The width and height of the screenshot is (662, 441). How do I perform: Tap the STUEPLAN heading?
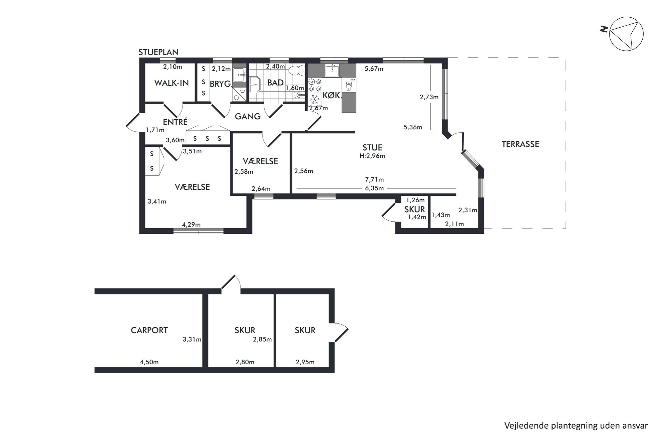[x=158, y=52]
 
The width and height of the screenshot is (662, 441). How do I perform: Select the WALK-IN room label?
[x=172, y=83]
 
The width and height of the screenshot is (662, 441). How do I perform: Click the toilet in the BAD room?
[x=296, y=70]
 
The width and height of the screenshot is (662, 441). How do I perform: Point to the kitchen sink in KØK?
[x=332, y=70]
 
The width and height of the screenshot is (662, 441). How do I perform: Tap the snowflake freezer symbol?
[x=314, y=99]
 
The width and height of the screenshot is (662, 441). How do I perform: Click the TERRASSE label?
[x=520, y=144]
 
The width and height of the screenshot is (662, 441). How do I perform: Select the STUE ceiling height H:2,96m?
[x=372, y=156]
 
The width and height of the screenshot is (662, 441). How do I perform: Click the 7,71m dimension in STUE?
[x=374, y=180]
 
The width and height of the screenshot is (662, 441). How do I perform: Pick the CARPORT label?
[x=149, y=330]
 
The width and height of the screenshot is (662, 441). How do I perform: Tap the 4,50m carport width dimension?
[x=149, y=362]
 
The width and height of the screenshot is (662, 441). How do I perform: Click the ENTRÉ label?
[x=175, y=122]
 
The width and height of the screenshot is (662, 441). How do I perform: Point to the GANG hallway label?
[x=248, y=116]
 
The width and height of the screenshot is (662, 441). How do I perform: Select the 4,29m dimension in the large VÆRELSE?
[x=191, y=225]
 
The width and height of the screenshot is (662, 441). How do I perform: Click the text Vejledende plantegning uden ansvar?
[x=576, y=426]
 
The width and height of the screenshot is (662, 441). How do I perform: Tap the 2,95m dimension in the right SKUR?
[x=305, y=362]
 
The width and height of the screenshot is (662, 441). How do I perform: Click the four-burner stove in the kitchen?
[x=315, y=85]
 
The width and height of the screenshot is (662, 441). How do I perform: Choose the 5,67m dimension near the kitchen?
[x=374, y=69]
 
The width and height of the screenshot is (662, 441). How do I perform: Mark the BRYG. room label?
[x=221, y=84]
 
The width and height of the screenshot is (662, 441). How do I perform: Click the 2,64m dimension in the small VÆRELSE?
[x=261, y=189]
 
